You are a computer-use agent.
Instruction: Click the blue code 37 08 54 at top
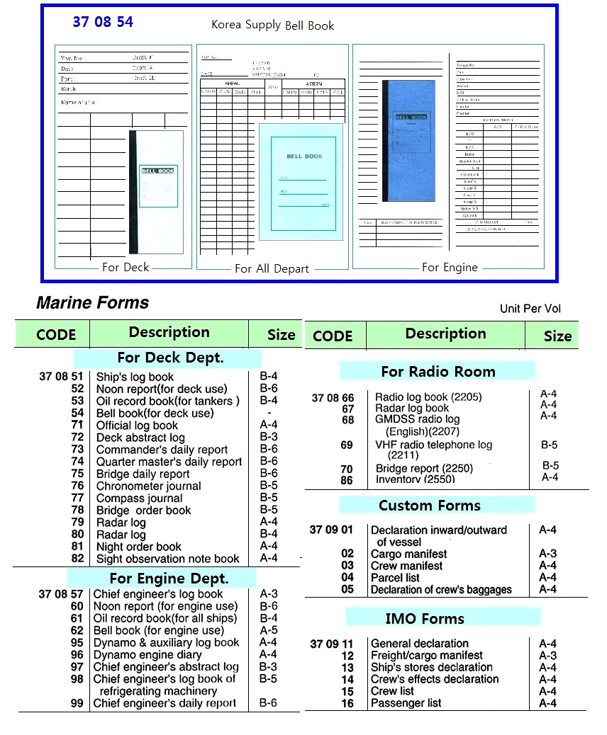click(x=103, y=22)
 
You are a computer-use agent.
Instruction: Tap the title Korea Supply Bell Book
click(x=272, y=25)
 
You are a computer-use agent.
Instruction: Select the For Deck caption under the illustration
click(x=126, y=267)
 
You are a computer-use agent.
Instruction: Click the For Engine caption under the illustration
click(x=450, y=267)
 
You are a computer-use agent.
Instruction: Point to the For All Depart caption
click(x=272, y=268)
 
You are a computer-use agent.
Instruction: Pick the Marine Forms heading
click(x=92, y=303)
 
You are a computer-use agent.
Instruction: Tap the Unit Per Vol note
click(x=530, y=309)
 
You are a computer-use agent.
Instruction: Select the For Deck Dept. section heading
click(x=170, y=358)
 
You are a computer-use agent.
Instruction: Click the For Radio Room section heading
click(x=438, y=371)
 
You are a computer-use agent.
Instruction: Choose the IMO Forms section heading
click(x=424, y=618)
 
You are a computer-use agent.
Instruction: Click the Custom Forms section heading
click(x=429, y=506)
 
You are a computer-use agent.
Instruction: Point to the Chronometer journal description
click(x=148, y=486)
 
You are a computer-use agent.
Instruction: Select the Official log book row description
click(x=137, y=426)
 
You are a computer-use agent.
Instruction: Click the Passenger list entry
click(x=406, y=703)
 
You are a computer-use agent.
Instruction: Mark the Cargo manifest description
click(x=408, y=554)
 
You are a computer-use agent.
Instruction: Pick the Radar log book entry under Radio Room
click(x=411, y=408)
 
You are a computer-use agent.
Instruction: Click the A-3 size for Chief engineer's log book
click(x=268, y=594)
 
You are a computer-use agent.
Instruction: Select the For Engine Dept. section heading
click(x=169, y=579)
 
